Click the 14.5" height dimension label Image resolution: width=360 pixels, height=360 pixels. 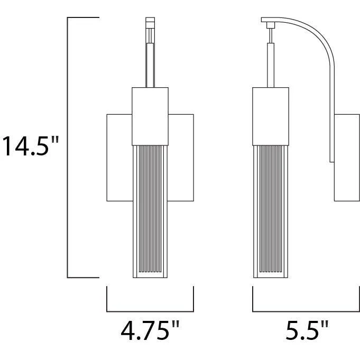[x=31, y=146]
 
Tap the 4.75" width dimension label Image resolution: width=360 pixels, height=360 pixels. [x=150, y=330]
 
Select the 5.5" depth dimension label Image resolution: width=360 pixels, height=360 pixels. [x=308, y=330]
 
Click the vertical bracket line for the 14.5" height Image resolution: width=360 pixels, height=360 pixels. [x=67, y=147]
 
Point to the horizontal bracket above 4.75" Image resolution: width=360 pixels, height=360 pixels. [x=150, y=311]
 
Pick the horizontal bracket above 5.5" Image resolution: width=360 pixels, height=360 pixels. [x=306, y=311]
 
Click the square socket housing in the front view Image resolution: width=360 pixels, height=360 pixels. [x=150, y=116]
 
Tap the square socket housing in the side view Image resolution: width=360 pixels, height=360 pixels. [x=271, y=116]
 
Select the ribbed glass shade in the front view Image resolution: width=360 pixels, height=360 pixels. [x=150, y=211]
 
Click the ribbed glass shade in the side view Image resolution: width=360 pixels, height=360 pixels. [x=271, y=211]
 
